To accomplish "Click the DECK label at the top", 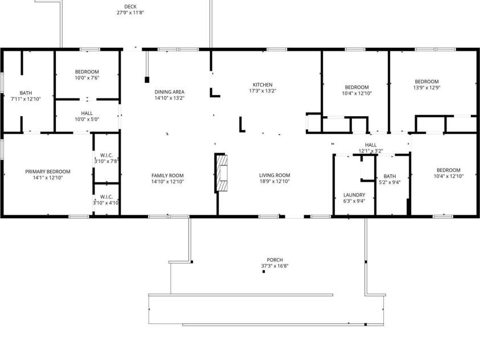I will (x=130, y=6).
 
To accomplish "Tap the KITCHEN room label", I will (x=262, y=85).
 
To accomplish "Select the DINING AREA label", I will (x=169, y=92).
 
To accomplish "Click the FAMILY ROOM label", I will (x=167, y=175).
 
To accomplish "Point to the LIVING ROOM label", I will (x=274, y=175).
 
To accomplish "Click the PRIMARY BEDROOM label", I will (x=47, y=171).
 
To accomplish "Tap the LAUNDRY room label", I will (x=354, y=194).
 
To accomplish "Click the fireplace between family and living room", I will (x=222, y=172).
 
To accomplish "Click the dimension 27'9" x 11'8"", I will (x=130, y=12).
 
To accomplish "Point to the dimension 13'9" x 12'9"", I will (x=426, y=88).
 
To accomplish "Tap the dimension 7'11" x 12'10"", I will (x=26, y=99).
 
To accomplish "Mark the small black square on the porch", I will (x=264, y=272).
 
